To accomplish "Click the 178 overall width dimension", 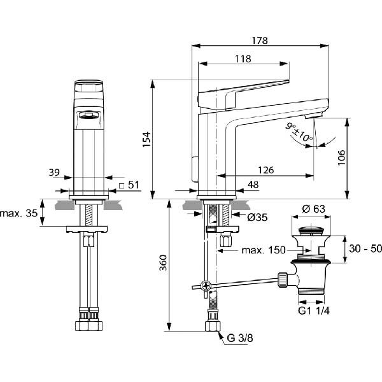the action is [x=260, y=41].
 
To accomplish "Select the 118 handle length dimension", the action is [x=243, y=59].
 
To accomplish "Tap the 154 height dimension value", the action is [x=146, y=139].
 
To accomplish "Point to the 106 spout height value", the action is [x=341, y=158].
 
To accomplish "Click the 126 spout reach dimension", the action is [x=266, y=170].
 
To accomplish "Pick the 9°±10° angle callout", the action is [x=299, y=132].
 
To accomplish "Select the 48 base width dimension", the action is [x=253, y=185].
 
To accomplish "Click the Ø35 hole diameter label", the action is [x=257, y=217].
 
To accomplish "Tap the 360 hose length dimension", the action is [x=163, y=262].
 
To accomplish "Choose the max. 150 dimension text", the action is [x=264, y=250].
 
